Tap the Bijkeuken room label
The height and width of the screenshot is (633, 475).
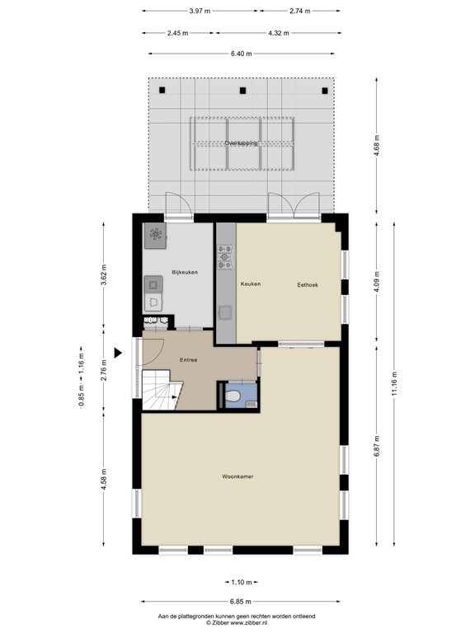184,272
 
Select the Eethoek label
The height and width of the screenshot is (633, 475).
308,284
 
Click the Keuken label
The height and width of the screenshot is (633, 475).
251,284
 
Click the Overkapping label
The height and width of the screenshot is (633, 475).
241,143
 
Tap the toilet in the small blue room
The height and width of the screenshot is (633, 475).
236,397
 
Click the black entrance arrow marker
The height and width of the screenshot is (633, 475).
119,353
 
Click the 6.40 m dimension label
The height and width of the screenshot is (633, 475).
242,54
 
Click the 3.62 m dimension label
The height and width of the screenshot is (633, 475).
104,273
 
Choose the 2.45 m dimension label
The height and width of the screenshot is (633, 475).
177,33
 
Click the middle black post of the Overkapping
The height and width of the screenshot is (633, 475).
242,91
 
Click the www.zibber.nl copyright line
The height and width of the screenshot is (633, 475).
237,622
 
